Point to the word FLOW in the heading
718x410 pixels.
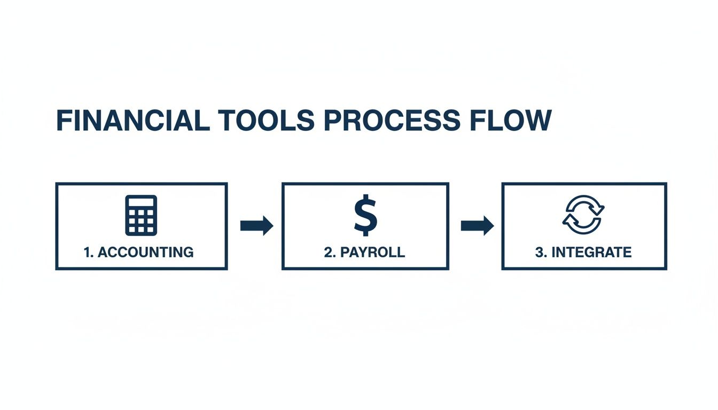(511, 121)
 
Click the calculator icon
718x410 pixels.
(141, 215)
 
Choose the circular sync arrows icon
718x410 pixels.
(583, 215)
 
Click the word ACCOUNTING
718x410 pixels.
(146, 253)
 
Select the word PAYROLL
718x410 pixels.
(372, 253)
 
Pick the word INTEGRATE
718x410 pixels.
(591, 253)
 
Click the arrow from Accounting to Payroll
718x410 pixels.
(256, 226)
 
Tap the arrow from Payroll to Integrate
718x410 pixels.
(477, 226)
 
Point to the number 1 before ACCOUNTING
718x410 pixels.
(88, 253)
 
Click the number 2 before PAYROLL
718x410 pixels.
(328, 253)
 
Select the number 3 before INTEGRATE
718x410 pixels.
(539, 253)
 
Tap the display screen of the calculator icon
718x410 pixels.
(141, 203)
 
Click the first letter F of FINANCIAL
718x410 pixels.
(63, 121)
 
